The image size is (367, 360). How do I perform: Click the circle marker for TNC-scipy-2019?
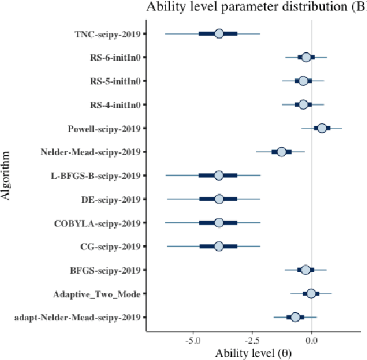(x=219, y=34)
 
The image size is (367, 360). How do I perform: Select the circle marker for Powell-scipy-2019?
(x=322, y=128)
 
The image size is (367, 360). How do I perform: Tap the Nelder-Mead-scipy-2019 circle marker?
(x=281, y=151)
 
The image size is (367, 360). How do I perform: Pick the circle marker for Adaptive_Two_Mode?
(x=311, y=294)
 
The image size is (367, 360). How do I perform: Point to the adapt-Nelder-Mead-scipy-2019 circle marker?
(x=296, y=317)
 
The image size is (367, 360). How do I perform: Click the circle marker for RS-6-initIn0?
(x=306, y=57)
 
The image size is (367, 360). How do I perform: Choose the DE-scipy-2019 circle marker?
(x=219, y=199)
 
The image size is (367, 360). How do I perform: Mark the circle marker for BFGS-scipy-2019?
(x=305, y=270)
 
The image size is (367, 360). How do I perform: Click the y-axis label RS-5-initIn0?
(x=115, y=81)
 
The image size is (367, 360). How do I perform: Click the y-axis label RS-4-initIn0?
(x=115, y=104)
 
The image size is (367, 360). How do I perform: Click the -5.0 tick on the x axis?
(x=193, y=340)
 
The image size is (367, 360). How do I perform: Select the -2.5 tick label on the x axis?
(x=252, y=340)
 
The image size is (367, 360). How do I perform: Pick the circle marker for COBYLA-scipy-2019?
(x=219, y=223)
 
